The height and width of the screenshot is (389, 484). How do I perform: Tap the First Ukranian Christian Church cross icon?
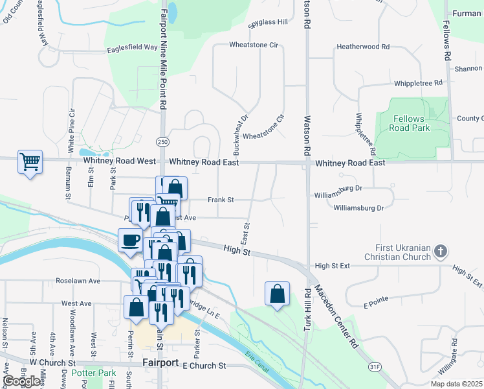(x=440, y=251)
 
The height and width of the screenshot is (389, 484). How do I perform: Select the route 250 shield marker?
(x=162, y=142)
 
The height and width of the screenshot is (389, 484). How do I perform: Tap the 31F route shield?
(x=373, y=366)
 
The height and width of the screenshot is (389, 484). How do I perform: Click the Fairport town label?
(x=160, y=362)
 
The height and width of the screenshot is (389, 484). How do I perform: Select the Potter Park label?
(x=94, y=373)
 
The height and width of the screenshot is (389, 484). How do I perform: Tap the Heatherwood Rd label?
(x=363, y=47)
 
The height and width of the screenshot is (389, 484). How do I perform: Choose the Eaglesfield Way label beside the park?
(x=133, y=47)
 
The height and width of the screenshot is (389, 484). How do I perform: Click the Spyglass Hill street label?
(x=268, y=22)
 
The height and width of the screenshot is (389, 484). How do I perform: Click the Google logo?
(x=22, y=381)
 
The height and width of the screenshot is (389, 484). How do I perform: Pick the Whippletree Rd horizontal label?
(x=418, y=83)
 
